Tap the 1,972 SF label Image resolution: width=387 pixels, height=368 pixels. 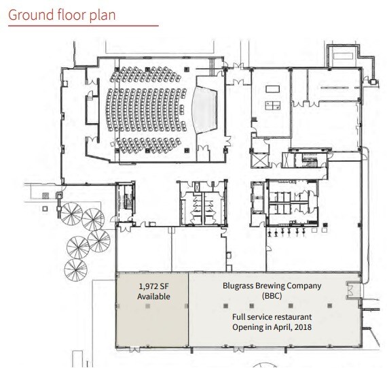(x=153, y=286)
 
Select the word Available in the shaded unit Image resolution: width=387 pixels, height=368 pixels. (x=153, y=297)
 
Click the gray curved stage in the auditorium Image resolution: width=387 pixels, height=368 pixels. (x=202, y=108)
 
